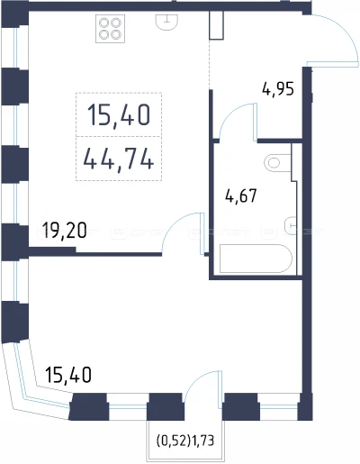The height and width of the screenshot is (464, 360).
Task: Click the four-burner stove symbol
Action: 110,29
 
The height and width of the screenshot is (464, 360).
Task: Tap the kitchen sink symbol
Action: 166,23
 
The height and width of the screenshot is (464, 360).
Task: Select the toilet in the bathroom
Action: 277,163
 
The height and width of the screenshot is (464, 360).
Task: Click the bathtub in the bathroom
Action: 256,259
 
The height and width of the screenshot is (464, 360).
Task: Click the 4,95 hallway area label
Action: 278,89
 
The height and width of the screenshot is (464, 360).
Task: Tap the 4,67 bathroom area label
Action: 241,196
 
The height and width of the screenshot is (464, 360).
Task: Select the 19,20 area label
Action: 64,231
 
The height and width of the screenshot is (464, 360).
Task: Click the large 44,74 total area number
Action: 119,159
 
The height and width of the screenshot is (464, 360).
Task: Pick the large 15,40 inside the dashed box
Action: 119,114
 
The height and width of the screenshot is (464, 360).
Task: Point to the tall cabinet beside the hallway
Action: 216,25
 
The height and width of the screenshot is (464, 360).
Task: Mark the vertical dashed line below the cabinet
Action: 209,64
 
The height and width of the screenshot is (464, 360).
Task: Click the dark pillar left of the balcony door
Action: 166,406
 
